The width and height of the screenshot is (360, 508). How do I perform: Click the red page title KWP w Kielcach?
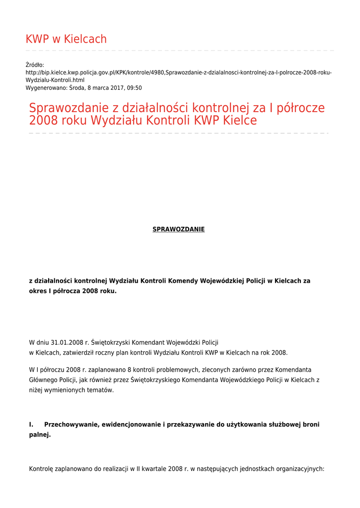[66, 39]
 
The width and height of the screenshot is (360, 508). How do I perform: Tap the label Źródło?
[35, 65]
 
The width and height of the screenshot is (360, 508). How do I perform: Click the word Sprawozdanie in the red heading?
[74, 108]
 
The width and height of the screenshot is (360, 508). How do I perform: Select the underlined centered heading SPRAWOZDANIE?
[178, 229]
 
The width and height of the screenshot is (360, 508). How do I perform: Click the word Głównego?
[44, 380]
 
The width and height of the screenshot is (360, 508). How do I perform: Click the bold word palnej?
[40, 435]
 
